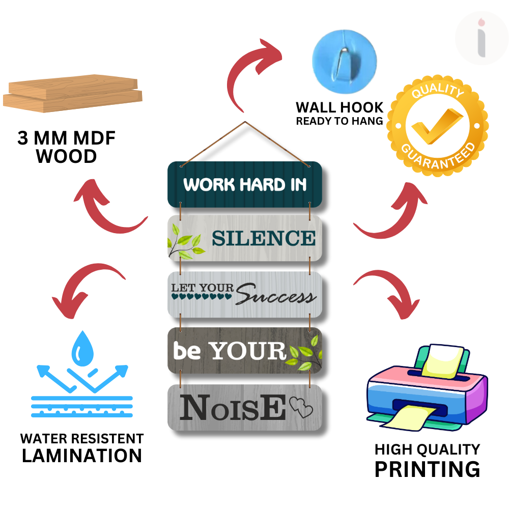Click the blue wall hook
tap(345, 62)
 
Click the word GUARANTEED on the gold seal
tap(439, 156)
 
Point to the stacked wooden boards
tap(73, 94)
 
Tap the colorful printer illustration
tap(427, 388)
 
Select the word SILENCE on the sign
tap(264, 238)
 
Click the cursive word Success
tap(276, 294)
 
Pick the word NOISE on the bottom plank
tap(233, 407)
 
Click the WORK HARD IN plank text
tap(245, 184)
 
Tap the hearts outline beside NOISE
tap(301, 407)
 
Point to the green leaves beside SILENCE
tap(186, 242)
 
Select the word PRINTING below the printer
tap(427, 469)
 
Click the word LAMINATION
tap(82, 456)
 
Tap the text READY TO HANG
tap(340, 121)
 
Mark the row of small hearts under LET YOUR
tap(202, 296)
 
